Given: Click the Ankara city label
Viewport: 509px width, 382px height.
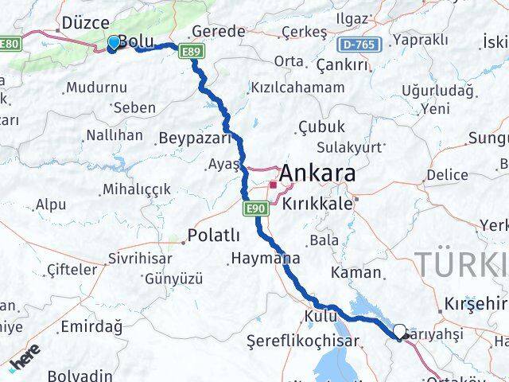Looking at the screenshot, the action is [316, 173].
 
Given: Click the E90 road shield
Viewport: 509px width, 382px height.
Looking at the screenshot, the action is [254, 209].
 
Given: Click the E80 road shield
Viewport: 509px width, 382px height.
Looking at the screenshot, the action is [10, 44].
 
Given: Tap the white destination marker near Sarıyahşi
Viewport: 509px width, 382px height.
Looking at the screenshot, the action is [399, 331].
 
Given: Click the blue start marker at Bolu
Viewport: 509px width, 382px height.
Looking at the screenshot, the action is [113, 42].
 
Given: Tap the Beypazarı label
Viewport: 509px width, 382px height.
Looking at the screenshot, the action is [195, 138].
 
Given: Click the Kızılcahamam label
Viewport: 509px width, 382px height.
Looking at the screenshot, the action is [297, 88].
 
